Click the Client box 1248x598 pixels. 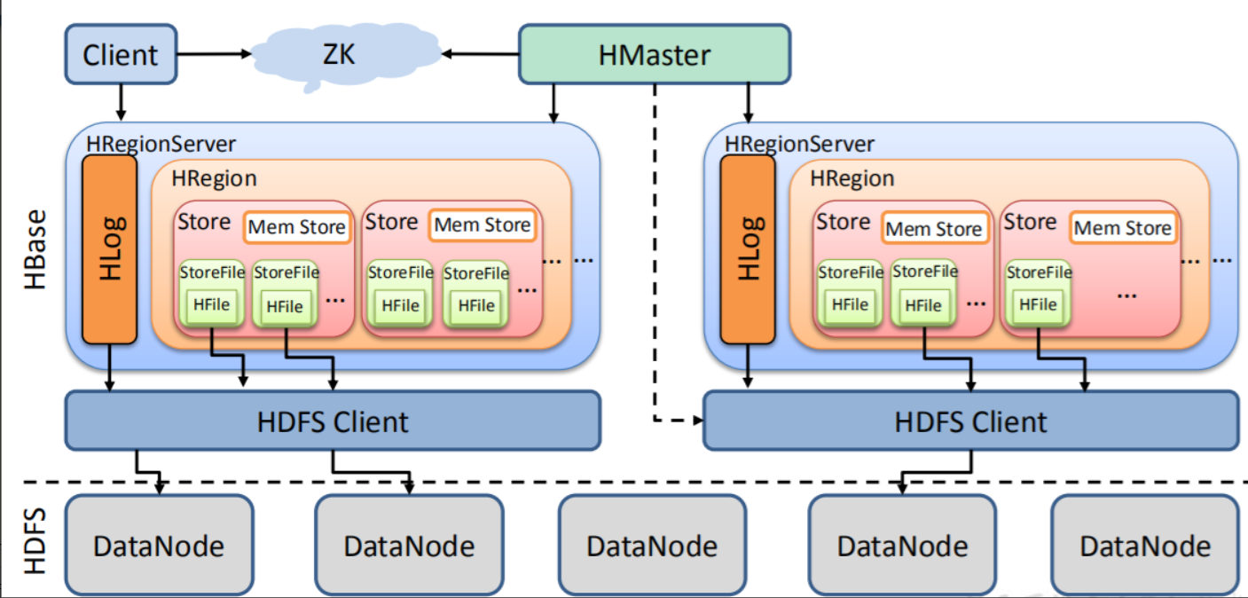point(121,55)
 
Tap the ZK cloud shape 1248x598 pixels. point(337,55)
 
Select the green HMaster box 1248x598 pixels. point(654,55)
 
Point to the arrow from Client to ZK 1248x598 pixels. point(215,55)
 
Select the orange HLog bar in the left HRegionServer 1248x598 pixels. point(109,250)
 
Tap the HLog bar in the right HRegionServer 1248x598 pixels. point(748,250)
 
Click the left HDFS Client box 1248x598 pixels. point(333,421)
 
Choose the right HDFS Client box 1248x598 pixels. point(970,421)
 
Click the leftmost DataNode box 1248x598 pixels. point(159,544)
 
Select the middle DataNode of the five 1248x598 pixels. point(652,544)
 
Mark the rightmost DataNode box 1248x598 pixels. point(1144,544)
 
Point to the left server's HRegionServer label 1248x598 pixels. point(161,143)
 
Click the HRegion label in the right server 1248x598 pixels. point(852,178)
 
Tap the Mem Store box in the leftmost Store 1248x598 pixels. point(296,227)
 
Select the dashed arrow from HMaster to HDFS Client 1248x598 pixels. point(655,266)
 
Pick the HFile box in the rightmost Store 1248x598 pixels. point(1039,304)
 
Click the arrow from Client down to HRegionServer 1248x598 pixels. point(121,102)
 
